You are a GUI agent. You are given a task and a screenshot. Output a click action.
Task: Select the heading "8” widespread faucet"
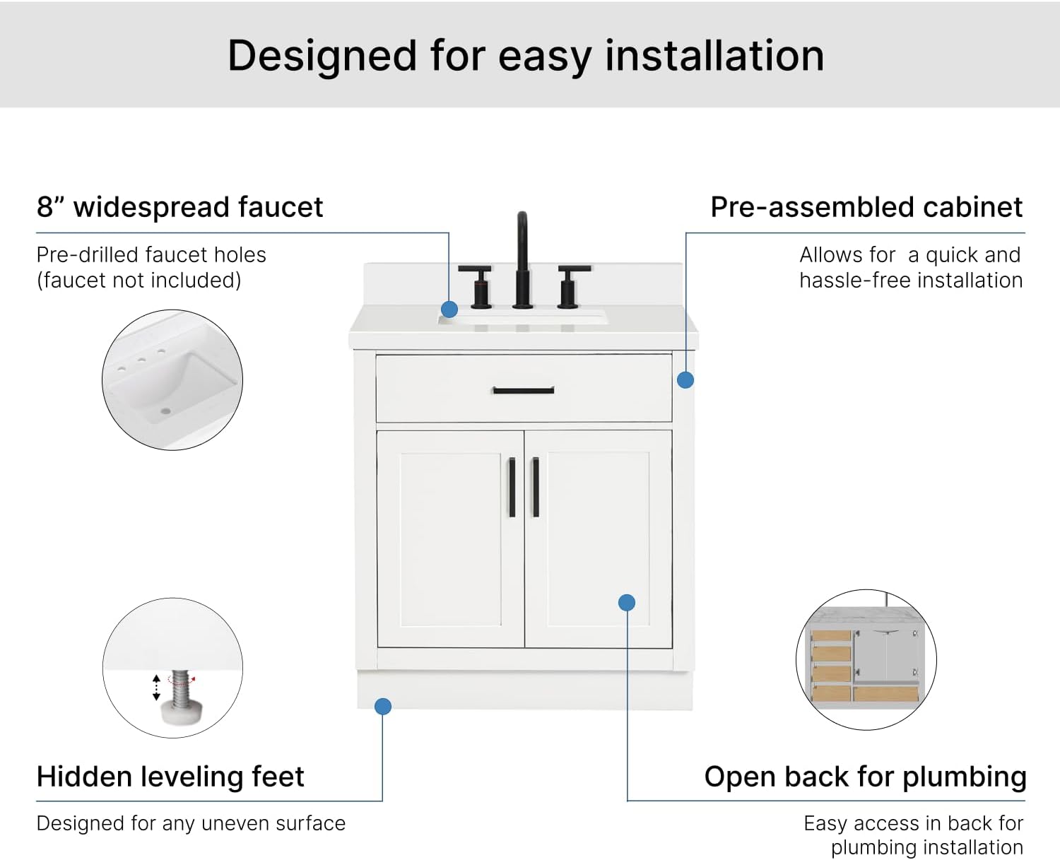[x=179, y=207]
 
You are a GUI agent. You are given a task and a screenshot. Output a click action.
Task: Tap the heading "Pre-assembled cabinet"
[x=866, y=207]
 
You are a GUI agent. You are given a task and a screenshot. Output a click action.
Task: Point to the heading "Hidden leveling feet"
[x=170, y=777]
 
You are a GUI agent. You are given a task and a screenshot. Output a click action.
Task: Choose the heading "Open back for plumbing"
[x=865, y=777]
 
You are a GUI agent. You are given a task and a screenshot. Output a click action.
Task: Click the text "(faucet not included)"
[x=139, y=281]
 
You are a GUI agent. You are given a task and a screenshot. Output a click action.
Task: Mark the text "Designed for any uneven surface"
[x=191, y=823]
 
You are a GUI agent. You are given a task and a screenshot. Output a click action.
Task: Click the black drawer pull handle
[x=523, y=390]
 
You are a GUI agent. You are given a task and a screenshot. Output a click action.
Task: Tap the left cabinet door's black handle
[x=512, y=487]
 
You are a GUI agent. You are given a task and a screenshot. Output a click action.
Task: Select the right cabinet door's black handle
[x=536, y=487]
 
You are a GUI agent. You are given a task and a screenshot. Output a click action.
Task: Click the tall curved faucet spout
[x=522, y=261]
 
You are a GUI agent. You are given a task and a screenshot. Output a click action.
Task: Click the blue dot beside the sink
[x=449, y=309]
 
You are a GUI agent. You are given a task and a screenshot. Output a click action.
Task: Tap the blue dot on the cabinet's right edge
[x=685, y=379]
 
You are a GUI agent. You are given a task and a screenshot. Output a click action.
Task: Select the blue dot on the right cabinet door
[x=627, y=602]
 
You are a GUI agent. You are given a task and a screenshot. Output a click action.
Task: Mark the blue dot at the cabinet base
[x=383, y=706]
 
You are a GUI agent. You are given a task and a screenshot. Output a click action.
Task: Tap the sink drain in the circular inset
[x=165, y=411]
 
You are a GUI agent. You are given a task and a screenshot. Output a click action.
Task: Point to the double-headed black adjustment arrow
[x=156, y=688]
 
